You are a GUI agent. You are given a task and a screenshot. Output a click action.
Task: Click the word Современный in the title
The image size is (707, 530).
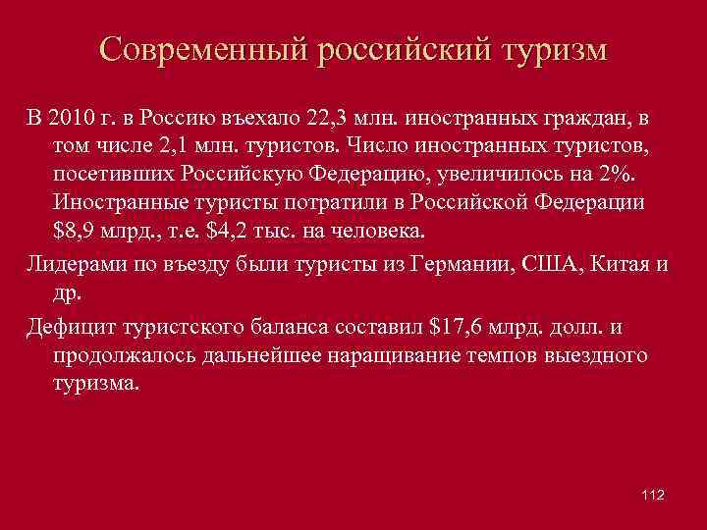click(x=201, y=50)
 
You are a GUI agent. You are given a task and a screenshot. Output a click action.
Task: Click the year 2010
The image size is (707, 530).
click(x=68, y=119)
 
